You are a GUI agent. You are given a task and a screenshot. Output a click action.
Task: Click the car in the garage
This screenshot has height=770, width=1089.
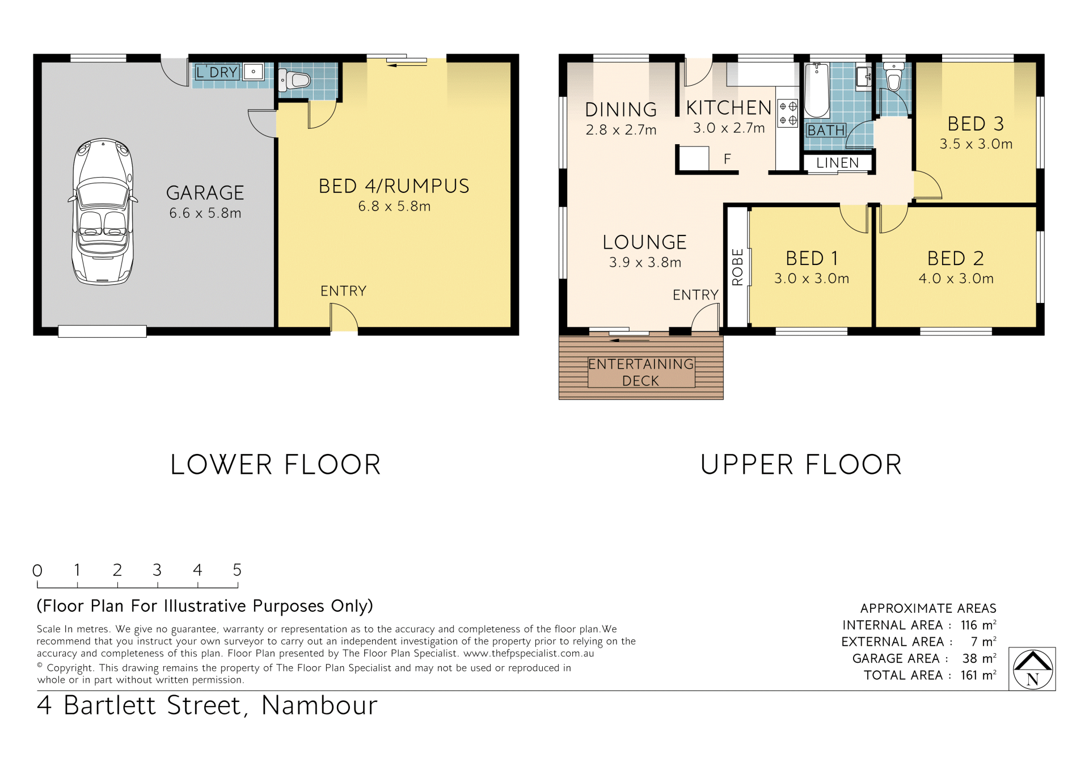(x=103, y=211)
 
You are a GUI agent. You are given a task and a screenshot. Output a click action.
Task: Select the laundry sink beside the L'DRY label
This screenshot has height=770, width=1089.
(x=254, y=72)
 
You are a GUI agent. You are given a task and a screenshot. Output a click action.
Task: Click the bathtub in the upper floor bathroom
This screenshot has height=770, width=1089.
(x=817, y=90)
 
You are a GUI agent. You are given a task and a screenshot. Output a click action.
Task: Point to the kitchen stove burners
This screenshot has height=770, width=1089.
(x=788, y=113)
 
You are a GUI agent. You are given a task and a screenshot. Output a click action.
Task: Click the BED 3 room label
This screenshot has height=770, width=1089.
(x=976, y=124)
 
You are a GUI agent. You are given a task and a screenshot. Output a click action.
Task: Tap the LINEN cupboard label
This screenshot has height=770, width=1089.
(x=837, y=163)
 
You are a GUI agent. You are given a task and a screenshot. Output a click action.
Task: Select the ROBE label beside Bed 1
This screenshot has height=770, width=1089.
(x=737, y=267)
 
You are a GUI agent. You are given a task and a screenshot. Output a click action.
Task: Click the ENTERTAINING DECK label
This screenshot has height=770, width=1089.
(x=641, y=372)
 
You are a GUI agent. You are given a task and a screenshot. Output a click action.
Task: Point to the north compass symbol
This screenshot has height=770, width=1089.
(x=1032, y=669)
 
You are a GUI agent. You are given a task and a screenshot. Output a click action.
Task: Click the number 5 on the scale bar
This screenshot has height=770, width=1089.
(x=237, y=570)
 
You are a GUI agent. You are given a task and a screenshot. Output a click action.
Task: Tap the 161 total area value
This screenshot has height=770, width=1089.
(x=969, y=675)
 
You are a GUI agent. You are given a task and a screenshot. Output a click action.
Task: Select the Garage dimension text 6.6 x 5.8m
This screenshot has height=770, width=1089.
(x=205, y=213)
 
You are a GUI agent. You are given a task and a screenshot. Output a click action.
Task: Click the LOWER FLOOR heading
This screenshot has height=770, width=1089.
(x=276, y=465)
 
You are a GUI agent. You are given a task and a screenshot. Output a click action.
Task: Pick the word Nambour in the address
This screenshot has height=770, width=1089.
(x=319, y=706)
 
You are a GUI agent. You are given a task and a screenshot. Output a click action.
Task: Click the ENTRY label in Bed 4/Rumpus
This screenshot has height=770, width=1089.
(x=343, y=291)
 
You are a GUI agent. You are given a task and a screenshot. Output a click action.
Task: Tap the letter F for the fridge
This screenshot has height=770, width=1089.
(x=727, y=159)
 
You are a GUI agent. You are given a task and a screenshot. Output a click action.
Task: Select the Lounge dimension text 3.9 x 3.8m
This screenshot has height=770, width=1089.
(x=645, y=263)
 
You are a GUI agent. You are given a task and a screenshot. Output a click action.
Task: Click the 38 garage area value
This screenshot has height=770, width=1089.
(x=970, y=659)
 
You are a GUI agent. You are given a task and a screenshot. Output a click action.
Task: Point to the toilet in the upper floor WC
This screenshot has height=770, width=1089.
(x=894, y=78)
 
